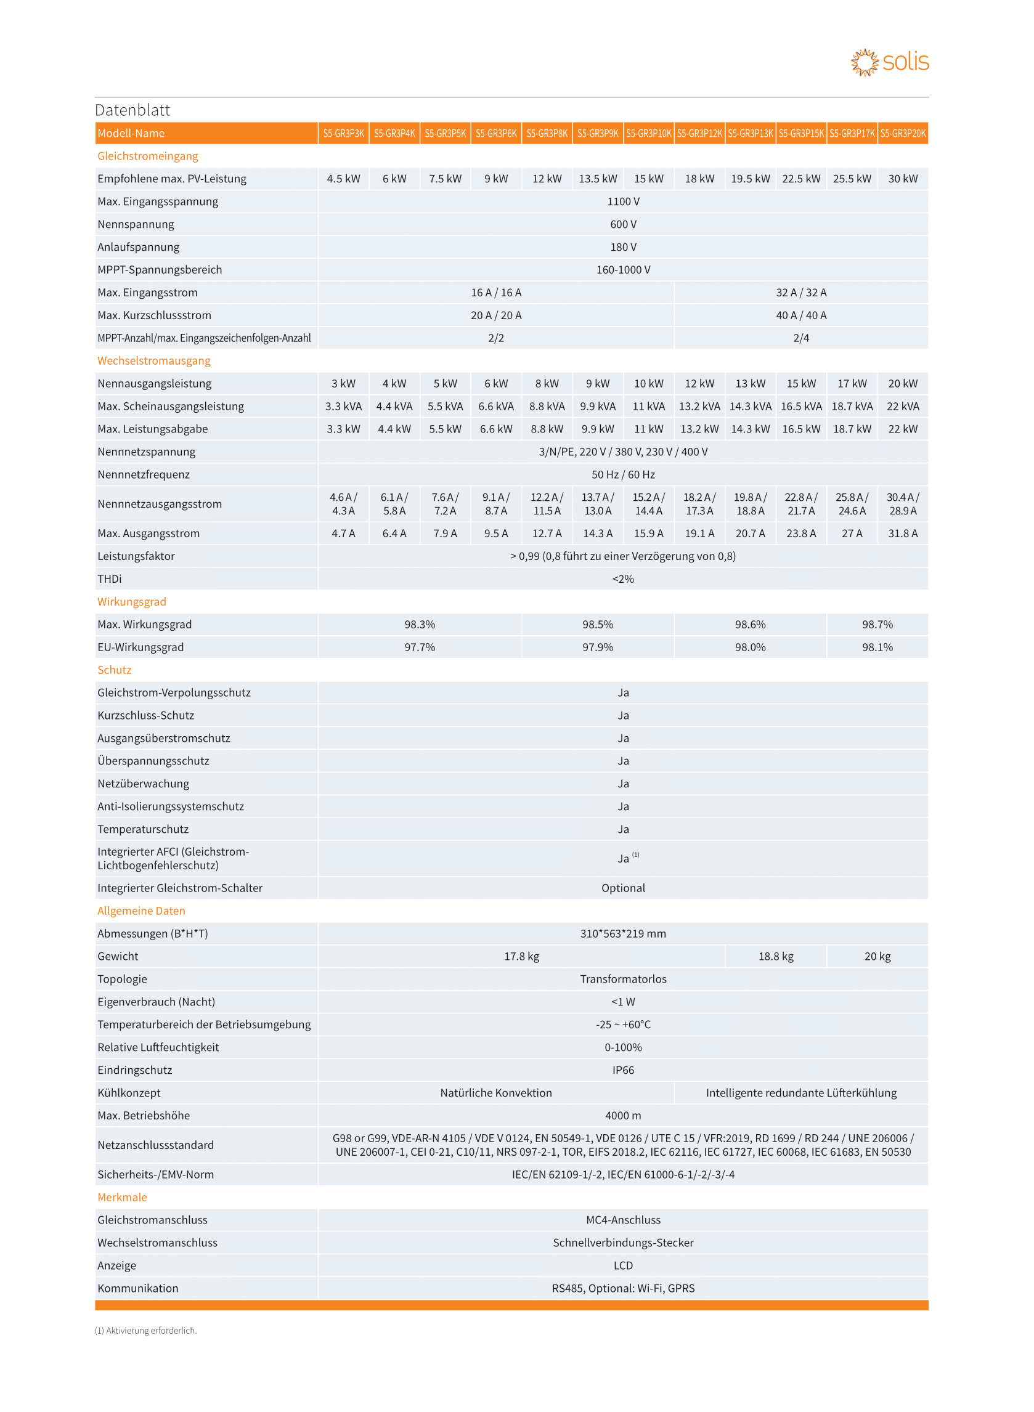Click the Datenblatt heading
coord(132,110)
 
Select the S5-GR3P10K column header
coord(648,133)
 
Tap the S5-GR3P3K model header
coord(343,133)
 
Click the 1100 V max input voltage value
coord(623,201)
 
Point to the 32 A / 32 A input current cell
coord(800,293)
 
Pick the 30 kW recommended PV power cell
coord(903,179)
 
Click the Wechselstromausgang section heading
coord(154,361)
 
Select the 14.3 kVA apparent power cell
coord(750,407)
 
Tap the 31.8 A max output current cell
coord(903,534)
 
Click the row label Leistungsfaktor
coord(136,556)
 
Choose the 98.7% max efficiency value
coord(877,624)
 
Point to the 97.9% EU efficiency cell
coord(597,647)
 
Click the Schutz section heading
coord(115,670)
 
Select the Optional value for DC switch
coord(623,888)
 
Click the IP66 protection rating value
coord(623,1071)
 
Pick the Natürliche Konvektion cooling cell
coord(495,1093)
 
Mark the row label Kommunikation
coord(137,1288)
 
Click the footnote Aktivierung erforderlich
coord(146,1331)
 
